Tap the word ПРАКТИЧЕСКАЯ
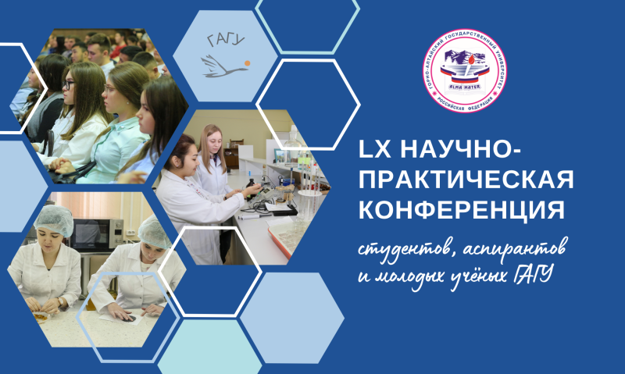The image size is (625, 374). [465, 181]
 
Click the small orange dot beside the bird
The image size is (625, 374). [247, 60]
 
